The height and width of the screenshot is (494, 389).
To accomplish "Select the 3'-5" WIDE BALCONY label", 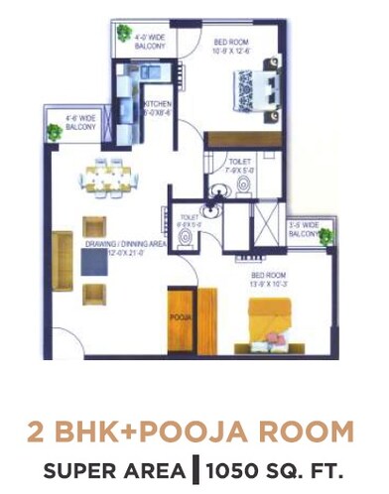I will pos(303,231).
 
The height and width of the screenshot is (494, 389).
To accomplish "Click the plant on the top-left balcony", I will pos(124,34).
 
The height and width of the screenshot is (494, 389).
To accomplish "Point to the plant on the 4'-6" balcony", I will pos(55,131).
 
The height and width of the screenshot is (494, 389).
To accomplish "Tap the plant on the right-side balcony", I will pos(324,236).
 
